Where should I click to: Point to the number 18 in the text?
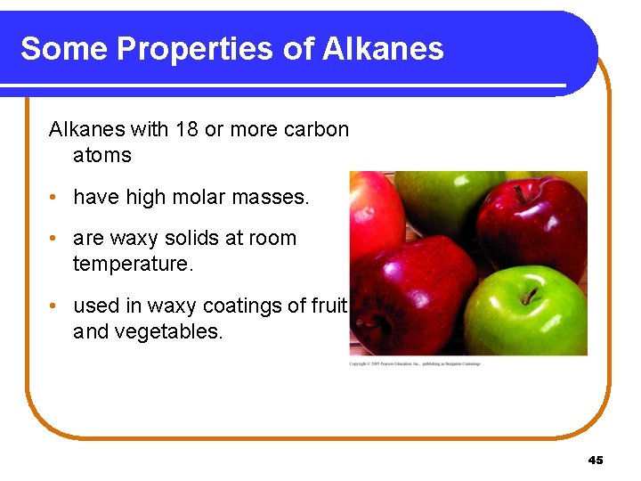(x=187, y=129)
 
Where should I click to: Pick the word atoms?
(x=101, y=155)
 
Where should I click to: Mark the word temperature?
(x=133, y=265)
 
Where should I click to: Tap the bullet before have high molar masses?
(x=55, y=198)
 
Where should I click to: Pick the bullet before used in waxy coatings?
(x=55, y=306)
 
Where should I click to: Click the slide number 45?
(x=596, y=460)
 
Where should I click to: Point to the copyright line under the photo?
(x=414, y=364)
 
